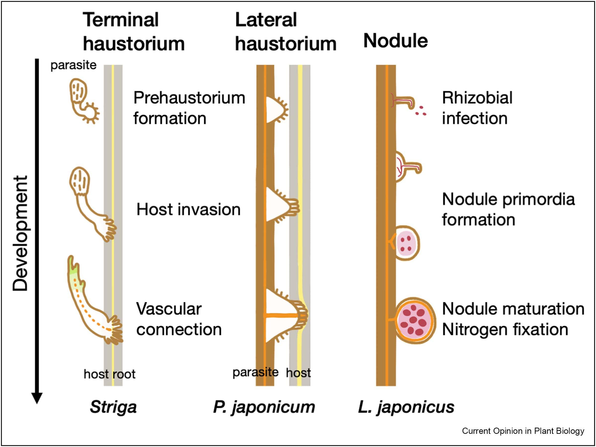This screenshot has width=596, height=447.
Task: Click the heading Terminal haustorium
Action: point(133,32)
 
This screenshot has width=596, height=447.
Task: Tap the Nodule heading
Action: point(395,41)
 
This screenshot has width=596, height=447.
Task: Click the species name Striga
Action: point(113,407)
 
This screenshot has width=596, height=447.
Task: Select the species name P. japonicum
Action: point(264,407)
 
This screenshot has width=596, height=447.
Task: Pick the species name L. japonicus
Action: point(406,407)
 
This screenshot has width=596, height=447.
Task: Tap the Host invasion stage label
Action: point(188,210)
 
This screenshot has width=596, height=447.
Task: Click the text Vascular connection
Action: point(178,319)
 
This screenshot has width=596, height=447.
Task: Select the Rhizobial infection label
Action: point(477,108)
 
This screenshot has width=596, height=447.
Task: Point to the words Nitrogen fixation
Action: point(505,329)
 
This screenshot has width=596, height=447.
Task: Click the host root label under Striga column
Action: point(109,374)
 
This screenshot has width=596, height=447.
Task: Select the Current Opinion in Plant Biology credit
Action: point(523,431)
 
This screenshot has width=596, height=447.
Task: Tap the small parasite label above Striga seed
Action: point(73,65)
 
